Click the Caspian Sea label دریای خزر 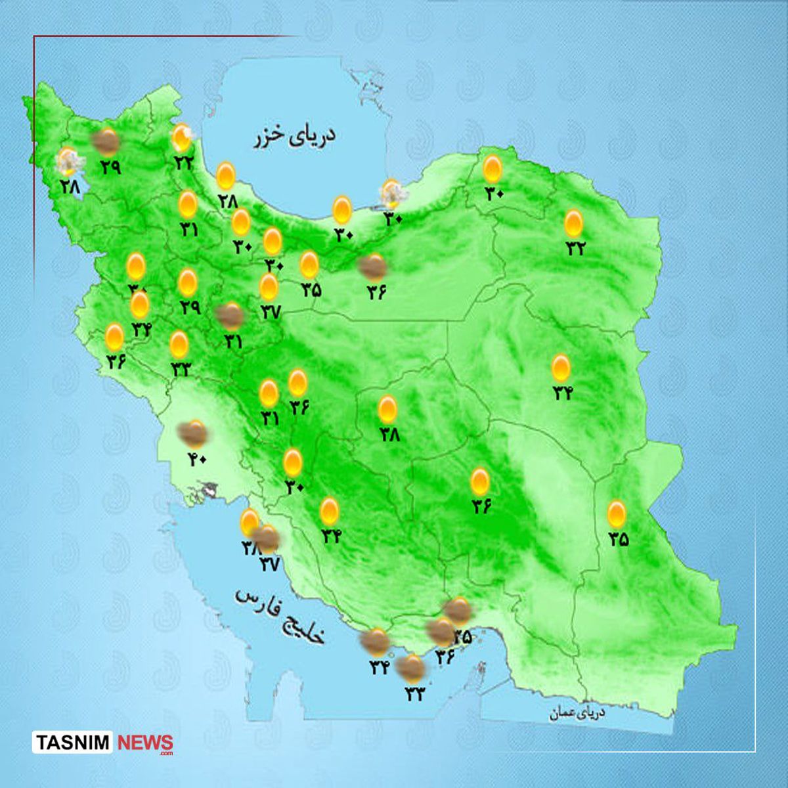295,137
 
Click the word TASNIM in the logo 73,743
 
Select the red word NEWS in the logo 145,743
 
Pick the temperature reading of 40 196,459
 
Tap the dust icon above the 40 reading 194,433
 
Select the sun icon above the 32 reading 574,224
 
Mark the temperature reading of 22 182,162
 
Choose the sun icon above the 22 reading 181,137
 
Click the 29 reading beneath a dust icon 110,166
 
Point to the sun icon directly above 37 268,287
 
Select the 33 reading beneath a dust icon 414,693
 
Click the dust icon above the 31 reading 230,317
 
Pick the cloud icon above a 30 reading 393,193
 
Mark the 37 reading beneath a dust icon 270,563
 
